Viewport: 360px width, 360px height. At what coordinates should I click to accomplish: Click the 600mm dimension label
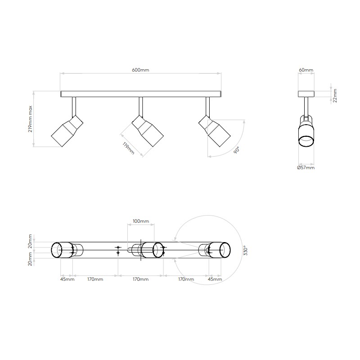pos(140,70)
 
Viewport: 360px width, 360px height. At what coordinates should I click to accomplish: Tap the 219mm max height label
pos(30,119)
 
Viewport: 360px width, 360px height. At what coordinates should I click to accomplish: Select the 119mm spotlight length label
pos(128,148)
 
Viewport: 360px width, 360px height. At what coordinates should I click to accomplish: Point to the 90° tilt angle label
pos(237,150)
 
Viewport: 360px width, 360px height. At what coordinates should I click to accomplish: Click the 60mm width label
pos(306,70)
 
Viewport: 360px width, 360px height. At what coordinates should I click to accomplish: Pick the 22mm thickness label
pos(335,95)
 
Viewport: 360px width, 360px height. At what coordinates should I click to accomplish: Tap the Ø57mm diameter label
pos(306,167)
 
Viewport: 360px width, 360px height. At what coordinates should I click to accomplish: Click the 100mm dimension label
pos(141,221)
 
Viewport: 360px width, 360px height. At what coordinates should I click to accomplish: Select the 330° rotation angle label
pos(245,251)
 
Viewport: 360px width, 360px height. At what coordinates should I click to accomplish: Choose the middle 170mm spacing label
pos(141,279)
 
